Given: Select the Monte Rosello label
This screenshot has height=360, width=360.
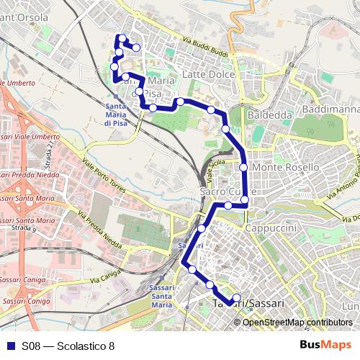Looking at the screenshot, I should pos(286,167).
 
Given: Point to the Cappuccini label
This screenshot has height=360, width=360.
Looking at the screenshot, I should pos(267,227).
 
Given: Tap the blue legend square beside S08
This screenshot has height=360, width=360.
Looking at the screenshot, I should pos(7,346).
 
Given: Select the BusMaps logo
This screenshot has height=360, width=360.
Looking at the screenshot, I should pos(326,345).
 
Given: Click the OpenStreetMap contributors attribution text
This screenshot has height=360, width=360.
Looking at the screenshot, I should pos(297,322).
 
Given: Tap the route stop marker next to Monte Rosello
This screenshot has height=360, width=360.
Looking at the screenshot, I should pos(244,167).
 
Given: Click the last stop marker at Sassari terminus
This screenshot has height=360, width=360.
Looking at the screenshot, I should pos(238,298).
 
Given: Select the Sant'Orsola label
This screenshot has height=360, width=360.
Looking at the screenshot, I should pos(24,17).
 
